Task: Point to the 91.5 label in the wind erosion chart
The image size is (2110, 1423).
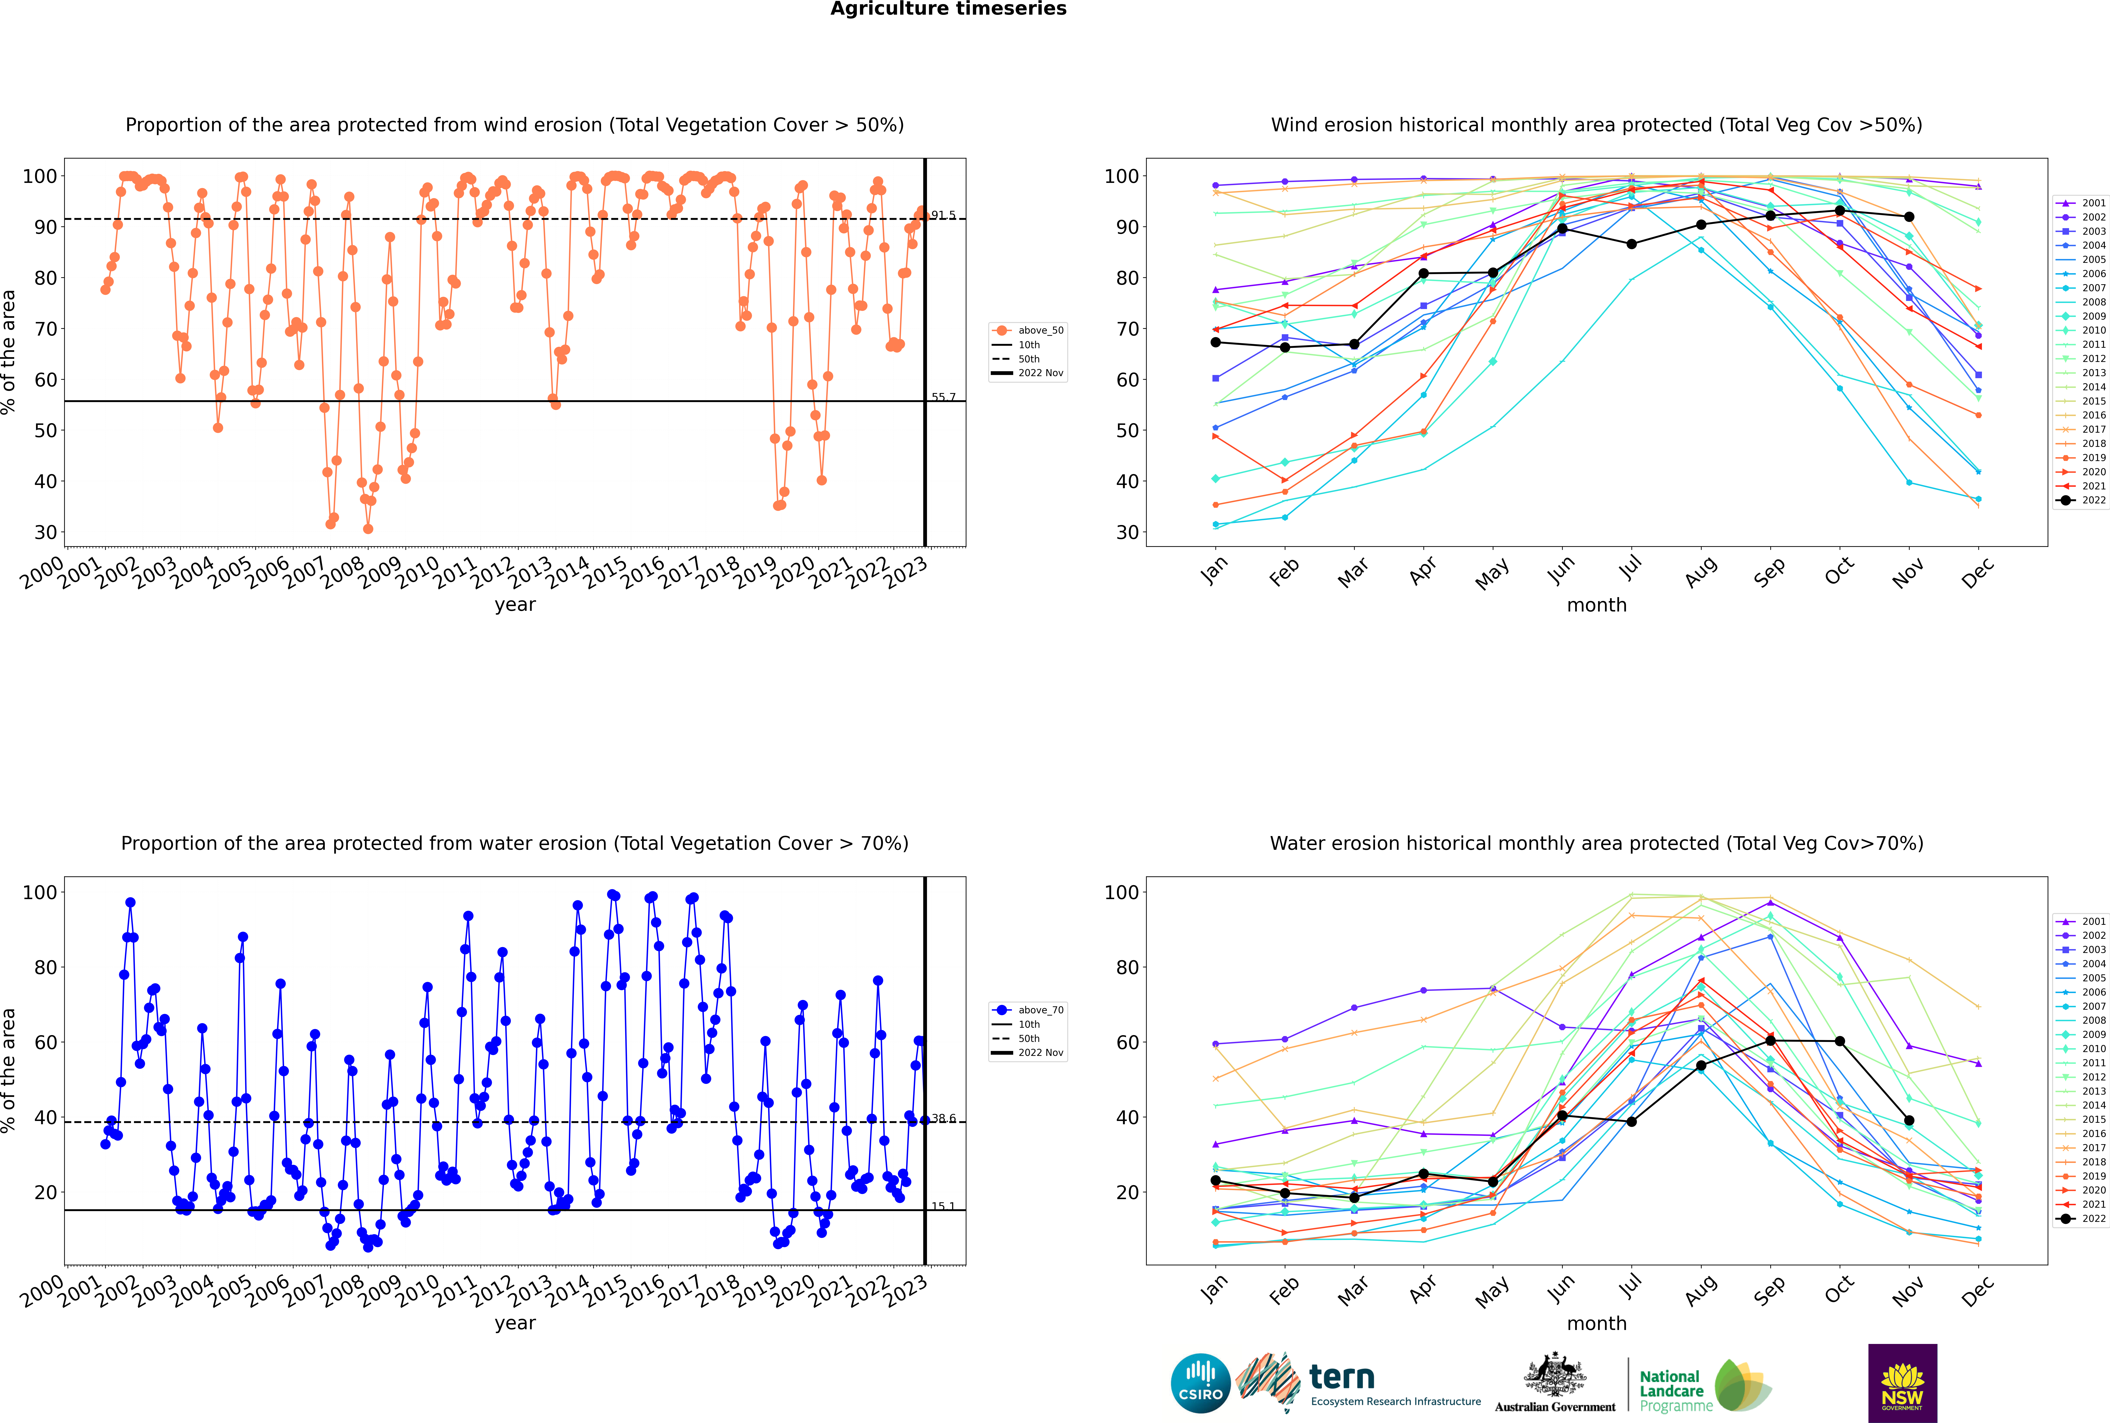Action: point(943,215)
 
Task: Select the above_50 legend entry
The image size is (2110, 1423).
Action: point(1028,330)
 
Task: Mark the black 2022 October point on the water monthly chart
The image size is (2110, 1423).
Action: point(1840,1041)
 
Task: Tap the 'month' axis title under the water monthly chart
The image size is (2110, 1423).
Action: point(1597,1323)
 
